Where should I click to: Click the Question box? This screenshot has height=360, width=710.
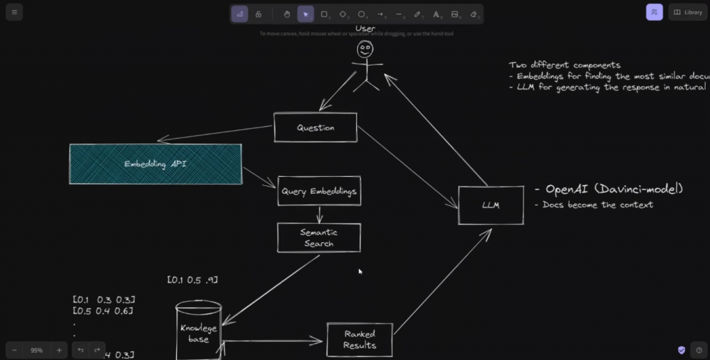[x=315, y=128]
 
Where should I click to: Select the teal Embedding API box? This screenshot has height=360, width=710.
[x=155, y=164]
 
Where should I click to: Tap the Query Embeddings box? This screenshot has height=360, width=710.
[x=319, y=191]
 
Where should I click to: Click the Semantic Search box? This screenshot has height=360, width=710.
[x=319, y=238]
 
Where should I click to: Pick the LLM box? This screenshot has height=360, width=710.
[x=491, y=205]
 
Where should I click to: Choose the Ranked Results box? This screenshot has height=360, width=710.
[x=359, y=340]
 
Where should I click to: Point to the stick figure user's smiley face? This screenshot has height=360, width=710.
[x=365, y=50]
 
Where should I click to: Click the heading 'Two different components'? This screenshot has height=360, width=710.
[x=564, y=65]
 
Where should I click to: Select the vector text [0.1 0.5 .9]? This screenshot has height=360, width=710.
[x=193, y=280]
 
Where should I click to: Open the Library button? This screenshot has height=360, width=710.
[x=688, y=12]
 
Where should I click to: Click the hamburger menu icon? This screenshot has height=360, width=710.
[x=14, y=12]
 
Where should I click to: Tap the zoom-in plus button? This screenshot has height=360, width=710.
[x=59, y=350]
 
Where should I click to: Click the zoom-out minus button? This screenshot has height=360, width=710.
[x=14, y=350]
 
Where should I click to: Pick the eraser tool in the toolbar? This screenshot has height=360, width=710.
[x=474, y=14]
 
